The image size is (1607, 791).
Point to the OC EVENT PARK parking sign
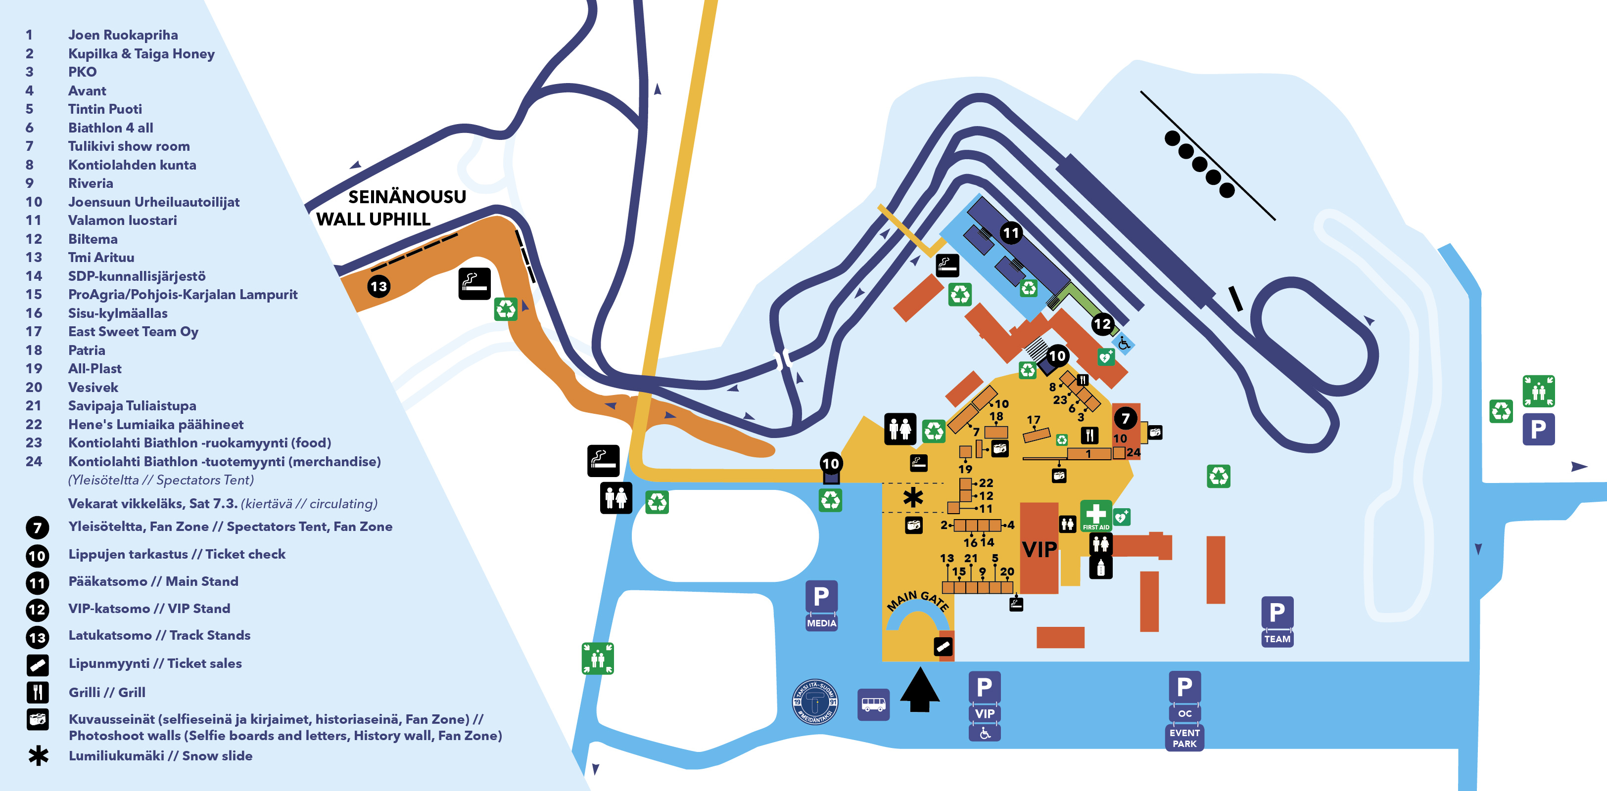coord(1183,710)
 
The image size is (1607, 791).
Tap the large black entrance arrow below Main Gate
coord(920,689)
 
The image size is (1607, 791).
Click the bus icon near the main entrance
coord(873,704)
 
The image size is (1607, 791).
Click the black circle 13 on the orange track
coord(378,287)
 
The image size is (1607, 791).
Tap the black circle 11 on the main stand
coord(1011,233)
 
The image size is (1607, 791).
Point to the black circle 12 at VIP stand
coord(1102,323)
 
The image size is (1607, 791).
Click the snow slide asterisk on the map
coord(913,497)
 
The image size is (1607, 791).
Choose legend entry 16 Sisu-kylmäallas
coord(117,313)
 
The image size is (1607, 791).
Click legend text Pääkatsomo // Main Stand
coord(153,581)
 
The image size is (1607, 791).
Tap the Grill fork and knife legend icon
coord(38,692)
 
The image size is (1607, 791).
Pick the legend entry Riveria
coord(91,183)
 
